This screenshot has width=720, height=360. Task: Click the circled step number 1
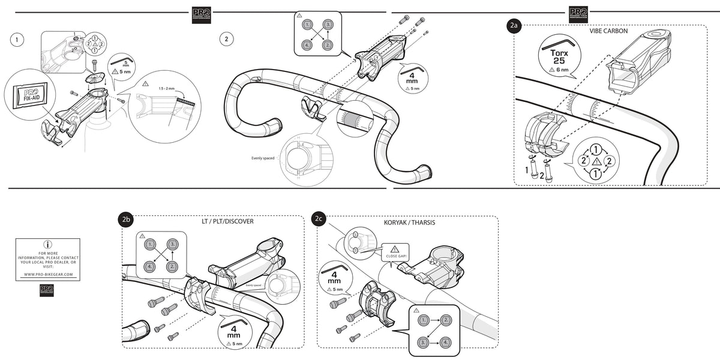tap(17, 40)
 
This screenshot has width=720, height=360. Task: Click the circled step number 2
tap(226, 40)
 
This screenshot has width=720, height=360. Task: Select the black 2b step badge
tap(125, 220)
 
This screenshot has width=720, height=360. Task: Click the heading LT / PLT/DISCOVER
tap(227, 221)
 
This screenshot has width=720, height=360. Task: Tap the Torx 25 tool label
tap(559, 57)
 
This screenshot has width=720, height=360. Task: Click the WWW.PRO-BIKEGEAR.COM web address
tap(48, 274)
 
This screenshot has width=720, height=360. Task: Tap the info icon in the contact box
tap(48, 245)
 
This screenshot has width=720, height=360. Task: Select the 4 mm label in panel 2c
tap(334, 278)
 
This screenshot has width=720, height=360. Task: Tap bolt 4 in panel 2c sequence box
tap(445, 343)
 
